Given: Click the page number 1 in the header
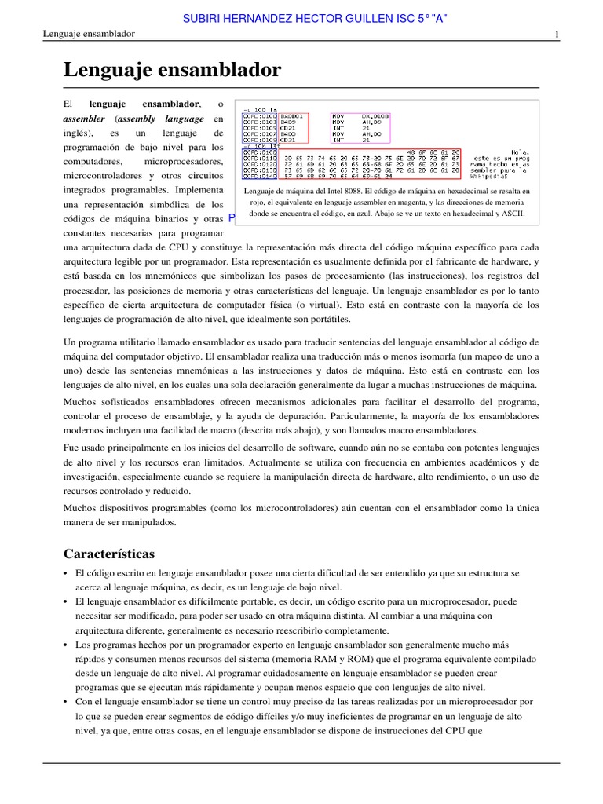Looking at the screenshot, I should pos(556,35).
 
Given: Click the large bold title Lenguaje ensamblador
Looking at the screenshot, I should pos(172,70).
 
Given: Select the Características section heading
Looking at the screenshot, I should pos(109,554).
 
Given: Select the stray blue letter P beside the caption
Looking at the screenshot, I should pos(232,218).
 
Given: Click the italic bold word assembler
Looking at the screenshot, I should pos(85,119).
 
